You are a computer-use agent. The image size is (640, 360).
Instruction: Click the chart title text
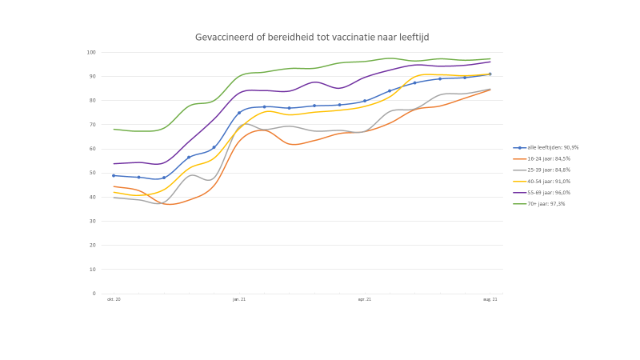tap(317, 37)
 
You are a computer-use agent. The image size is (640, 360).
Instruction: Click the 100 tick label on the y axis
tap(91, 53)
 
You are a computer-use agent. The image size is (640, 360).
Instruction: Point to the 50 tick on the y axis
tap(92, 173)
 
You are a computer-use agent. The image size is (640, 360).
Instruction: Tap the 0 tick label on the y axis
tap(94, 294)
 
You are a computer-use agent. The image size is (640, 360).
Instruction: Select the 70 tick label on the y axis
tap(92, 125)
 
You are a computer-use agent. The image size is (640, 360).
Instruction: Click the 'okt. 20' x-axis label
tap(114, 300)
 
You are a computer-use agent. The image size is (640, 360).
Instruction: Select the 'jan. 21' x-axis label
tap(239, 300)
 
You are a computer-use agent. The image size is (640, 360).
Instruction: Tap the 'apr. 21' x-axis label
tap(365, 300)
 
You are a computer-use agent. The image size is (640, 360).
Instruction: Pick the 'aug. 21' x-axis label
tap(490, 300)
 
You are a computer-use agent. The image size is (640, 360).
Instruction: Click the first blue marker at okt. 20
tap(114, 175)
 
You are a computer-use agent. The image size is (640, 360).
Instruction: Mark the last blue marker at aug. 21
tap(490, 74)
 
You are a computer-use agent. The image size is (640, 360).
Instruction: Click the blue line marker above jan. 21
tap(239, 113)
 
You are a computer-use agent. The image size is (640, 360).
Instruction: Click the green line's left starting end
tap(114, 129)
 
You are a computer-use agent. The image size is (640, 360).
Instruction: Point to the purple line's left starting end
tap(114, 164)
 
